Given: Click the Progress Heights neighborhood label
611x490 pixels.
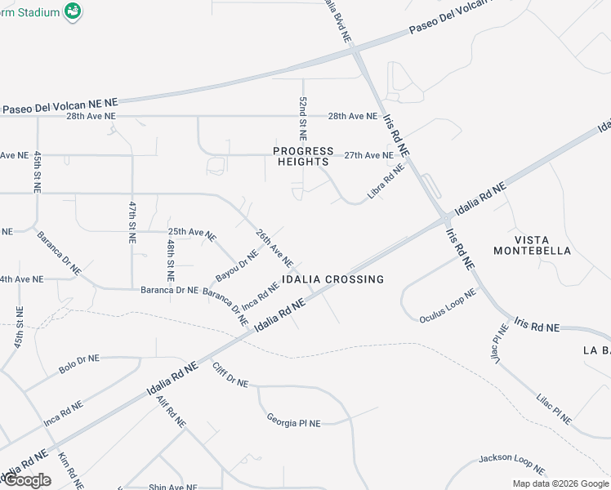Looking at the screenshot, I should pos(304,156).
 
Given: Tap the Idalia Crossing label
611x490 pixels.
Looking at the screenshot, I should pos(332,279).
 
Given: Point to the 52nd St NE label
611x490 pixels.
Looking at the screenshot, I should pos(302,117).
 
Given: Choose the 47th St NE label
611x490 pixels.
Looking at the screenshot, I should pos(132,221).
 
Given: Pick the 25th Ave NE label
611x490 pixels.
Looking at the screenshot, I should pos(192,234).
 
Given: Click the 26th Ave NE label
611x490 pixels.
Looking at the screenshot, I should pos(274,248).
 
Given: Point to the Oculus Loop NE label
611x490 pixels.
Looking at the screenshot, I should pos(448,305).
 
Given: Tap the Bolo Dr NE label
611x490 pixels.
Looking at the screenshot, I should pos(78,364).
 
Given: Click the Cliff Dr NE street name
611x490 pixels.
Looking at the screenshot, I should pos(230,375).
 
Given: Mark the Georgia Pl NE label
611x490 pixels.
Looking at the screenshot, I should pos(293,421).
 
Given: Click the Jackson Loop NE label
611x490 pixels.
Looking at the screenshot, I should pos(511,463).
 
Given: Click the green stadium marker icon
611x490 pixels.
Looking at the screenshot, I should pos(73,11).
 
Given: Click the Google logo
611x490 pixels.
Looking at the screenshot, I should pos(27,480).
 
